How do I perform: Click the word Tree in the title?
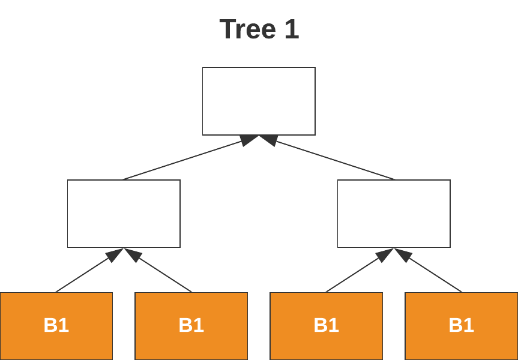[x=245, y=29]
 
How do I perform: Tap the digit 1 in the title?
[x=291, y=29]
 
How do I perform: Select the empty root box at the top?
[x=259, y=101]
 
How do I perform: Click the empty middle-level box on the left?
[x=124, y=214]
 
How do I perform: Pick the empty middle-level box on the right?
[x=394, y=214]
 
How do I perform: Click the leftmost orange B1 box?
[x=56, y=326]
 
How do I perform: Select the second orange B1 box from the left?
[x=191, y=326]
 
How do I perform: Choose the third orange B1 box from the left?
[x=326, y=326]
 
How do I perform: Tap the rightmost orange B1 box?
[x=461, y=326]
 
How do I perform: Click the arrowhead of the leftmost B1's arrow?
[x=115, y=255]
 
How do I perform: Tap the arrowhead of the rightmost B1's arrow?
[x=403, y=255]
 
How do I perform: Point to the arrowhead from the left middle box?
[x=248, y=140]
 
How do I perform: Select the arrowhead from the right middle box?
[x=268, y=140]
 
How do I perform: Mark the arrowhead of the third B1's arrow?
[x=385, y=255]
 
